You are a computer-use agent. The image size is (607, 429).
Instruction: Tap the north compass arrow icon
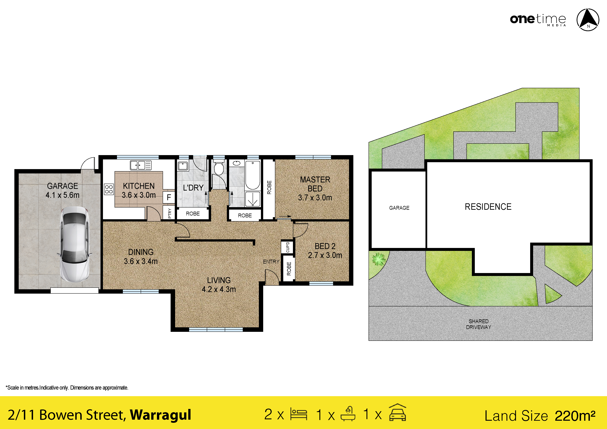[x=588, y=20]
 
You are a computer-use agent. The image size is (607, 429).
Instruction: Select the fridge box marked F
[x=169, y=197]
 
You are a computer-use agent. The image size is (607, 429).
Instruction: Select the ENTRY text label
[x=271, y=261]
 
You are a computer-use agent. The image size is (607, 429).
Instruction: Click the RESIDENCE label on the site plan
[x=488, y=207]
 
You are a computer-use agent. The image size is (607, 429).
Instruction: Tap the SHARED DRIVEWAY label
[x=478, y=324]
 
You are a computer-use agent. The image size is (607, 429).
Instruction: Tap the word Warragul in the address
[x=160, y=415]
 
